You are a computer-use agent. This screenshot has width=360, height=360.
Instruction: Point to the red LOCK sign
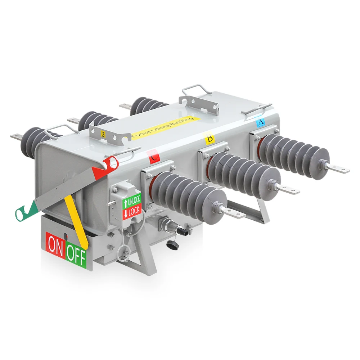(132, 211)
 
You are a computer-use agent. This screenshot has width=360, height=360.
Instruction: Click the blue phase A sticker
(260, 122)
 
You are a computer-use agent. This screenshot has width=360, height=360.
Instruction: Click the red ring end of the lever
(111, 163)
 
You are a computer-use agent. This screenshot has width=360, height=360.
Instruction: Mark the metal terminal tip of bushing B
(289, 189)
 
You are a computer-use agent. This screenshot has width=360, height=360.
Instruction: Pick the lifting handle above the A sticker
(256, 108)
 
